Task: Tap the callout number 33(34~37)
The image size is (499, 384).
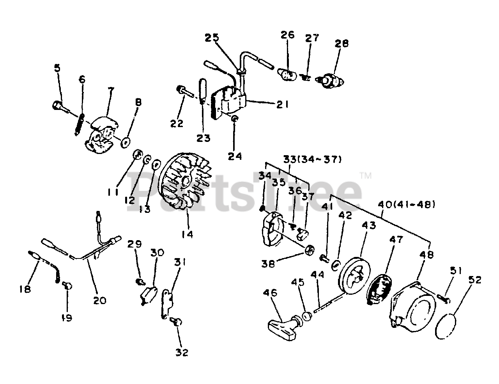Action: tap(313, 159)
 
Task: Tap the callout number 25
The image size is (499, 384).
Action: tap(212, 38)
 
